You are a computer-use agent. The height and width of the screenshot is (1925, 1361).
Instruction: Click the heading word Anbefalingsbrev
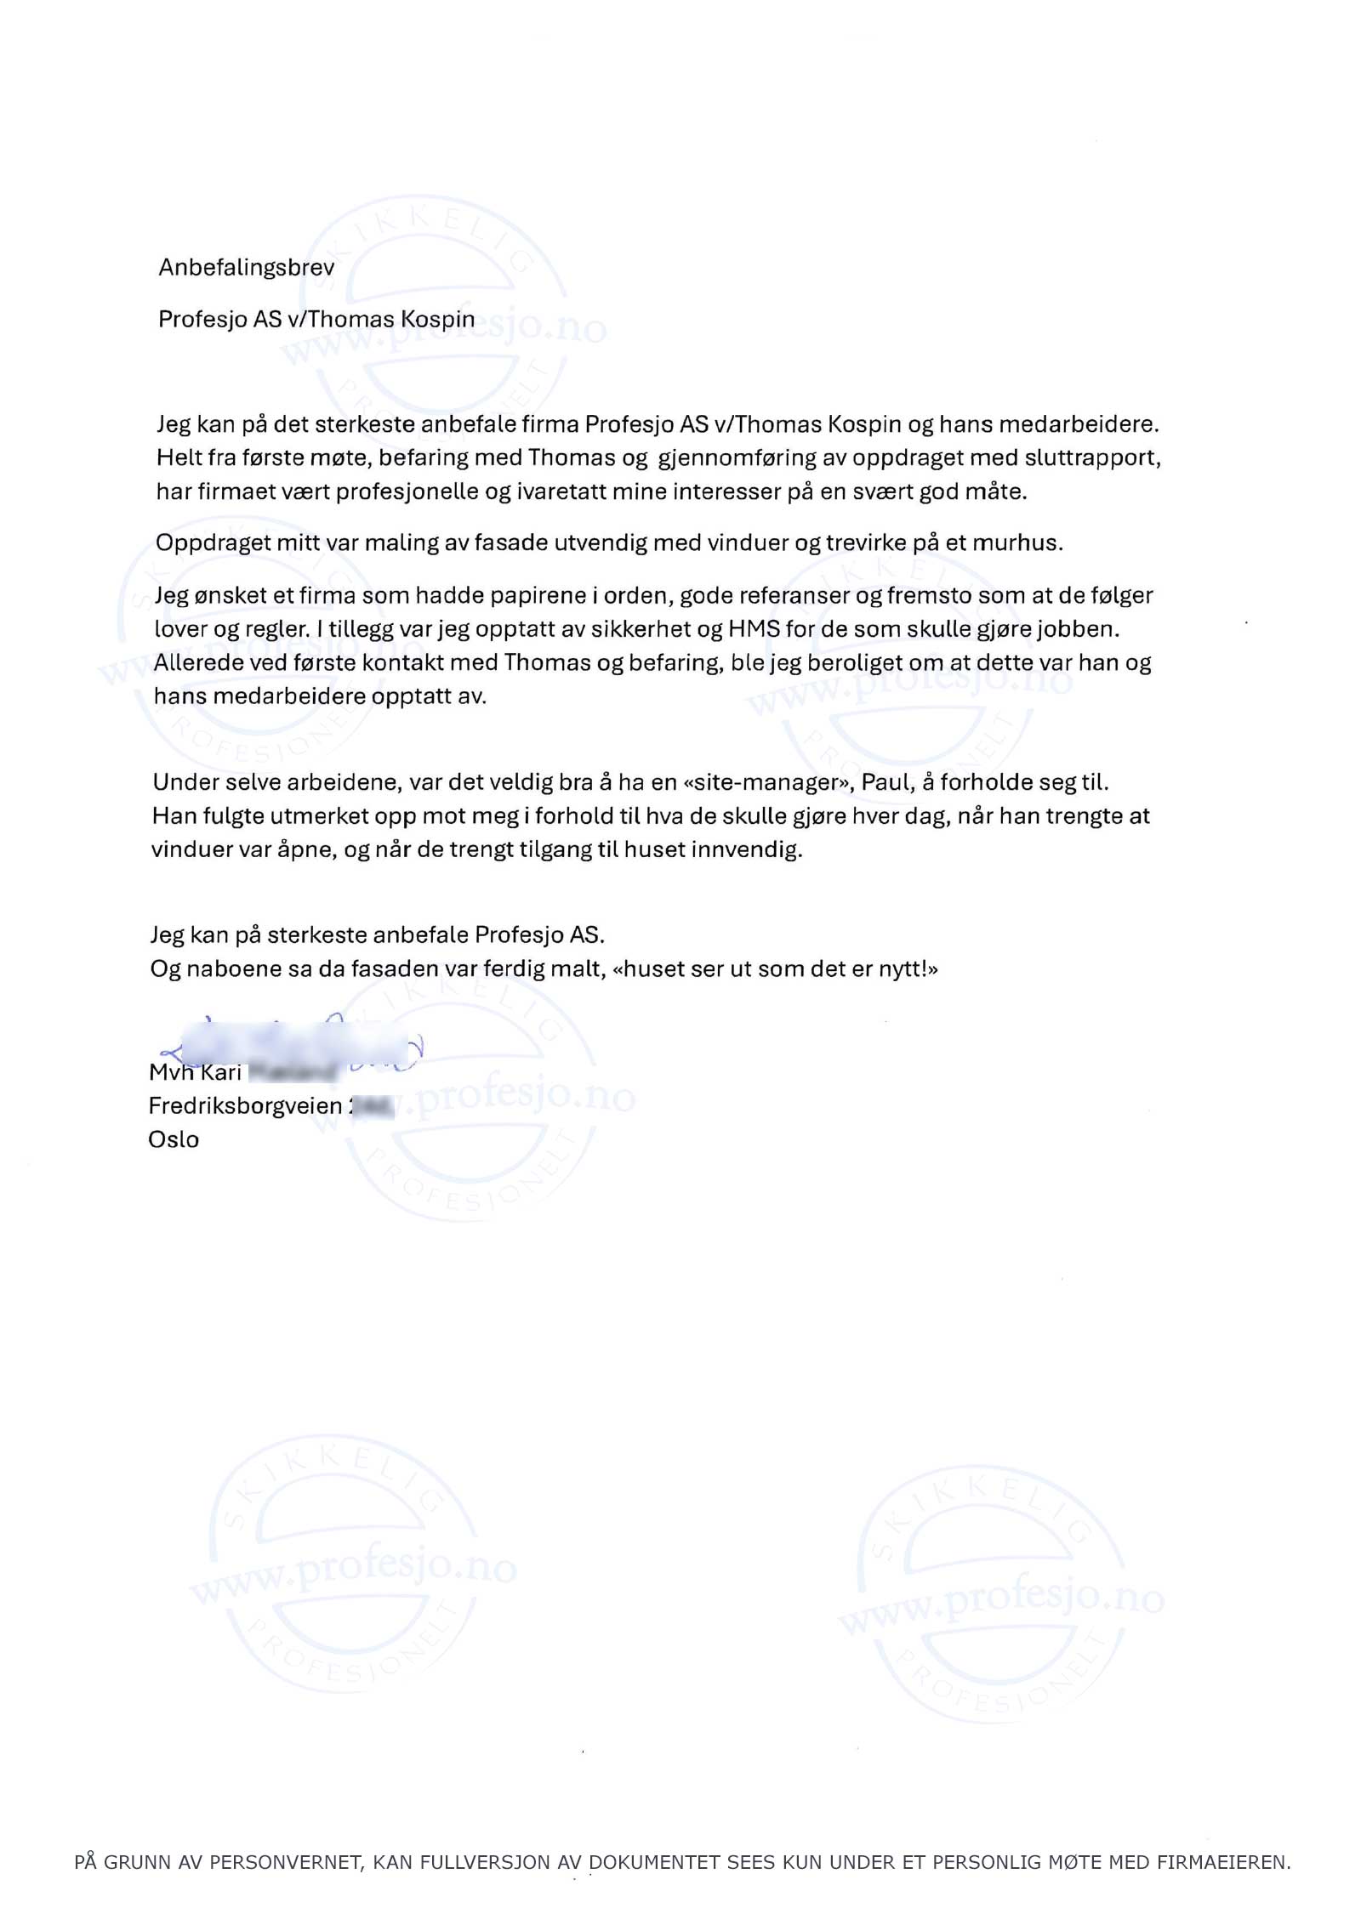[x=246, y=267]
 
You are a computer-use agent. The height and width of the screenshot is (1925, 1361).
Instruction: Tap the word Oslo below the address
[x=174, y=1139]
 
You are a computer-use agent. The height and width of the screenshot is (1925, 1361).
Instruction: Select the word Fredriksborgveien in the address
[x=245, y=1105]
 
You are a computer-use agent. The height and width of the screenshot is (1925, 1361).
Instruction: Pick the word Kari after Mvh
[x=221, y=1072]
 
